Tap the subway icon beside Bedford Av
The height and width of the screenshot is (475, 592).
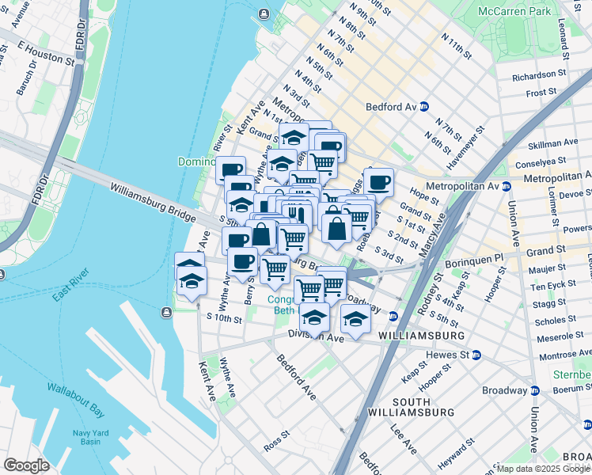pos(424,106)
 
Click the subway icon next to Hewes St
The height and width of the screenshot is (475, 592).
pos(476,355)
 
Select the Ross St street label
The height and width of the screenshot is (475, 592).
pos(276,439)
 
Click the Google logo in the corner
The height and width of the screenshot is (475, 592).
pos(26,465)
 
